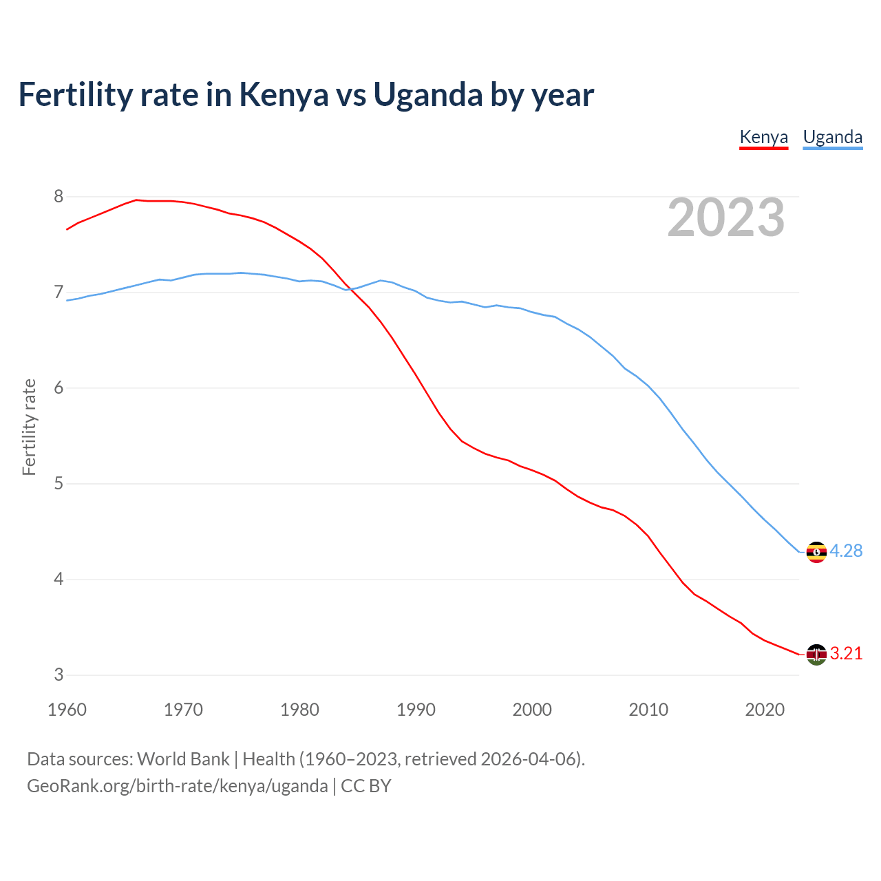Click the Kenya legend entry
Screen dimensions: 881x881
(763, 137)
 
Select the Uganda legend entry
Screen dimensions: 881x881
(833, 137)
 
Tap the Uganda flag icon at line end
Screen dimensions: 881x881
(816, 552)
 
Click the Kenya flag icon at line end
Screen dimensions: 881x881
(816, 655)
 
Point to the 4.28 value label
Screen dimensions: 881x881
(846, 551)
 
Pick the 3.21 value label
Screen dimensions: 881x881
(846, 653)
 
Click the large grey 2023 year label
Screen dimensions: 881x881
(726, 217)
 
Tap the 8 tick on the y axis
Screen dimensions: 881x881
(59, 197)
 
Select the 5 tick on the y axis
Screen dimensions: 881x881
(59, 484)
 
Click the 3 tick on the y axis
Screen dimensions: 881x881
(59, 675)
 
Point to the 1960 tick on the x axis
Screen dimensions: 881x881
(67, 710)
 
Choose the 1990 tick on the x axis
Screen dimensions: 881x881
(416, 710)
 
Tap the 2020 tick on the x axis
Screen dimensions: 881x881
(765, 710)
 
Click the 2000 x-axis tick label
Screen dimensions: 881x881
(532, 710)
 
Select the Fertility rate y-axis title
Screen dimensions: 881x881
(29, 427)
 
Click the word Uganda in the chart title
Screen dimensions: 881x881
(427, 95)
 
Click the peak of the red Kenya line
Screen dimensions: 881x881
(136, 200)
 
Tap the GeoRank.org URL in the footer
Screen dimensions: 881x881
(177, 786)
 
